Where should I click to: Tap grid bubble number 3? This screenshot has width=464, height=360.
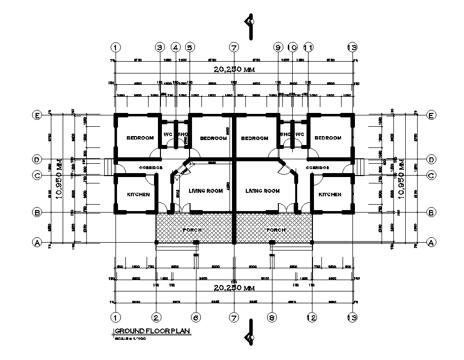[x=159, y=47]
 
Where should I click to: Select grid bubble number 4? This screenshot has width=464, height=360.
[x=176, y=47]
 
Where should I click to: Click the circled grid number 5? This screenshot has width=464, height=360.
[x=190, y=47]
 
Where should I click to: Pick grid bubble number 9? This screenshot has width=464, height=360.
[x=277, y=47]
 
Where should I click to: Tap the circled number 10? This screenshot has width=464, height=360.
[x=292, y=47]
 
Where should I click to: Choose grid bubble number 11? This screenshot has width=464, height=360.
[x=308, y=47]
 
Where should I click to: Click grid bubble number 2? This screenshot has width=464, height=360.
[x=156, y=318]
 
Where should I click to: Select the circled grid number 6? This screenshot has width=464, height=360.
[x=196, y=318]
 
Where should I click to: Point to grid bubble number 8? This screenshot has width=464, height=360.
[x=271, y=318]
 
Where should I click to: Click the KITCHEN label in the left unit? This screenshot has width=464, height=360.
[x=138, y=195]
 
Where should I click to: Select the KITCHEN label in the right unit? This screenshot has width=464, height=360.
[x=329, y=195]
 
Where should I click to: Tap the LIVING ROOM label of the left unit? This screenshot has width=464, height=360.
[x=206, y=191]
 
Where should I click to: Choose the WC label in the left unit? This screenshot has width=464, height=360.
[x=167, y=134]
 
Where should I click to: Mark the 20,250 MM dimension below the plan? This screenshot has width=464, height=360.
[x=233, y=288]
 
